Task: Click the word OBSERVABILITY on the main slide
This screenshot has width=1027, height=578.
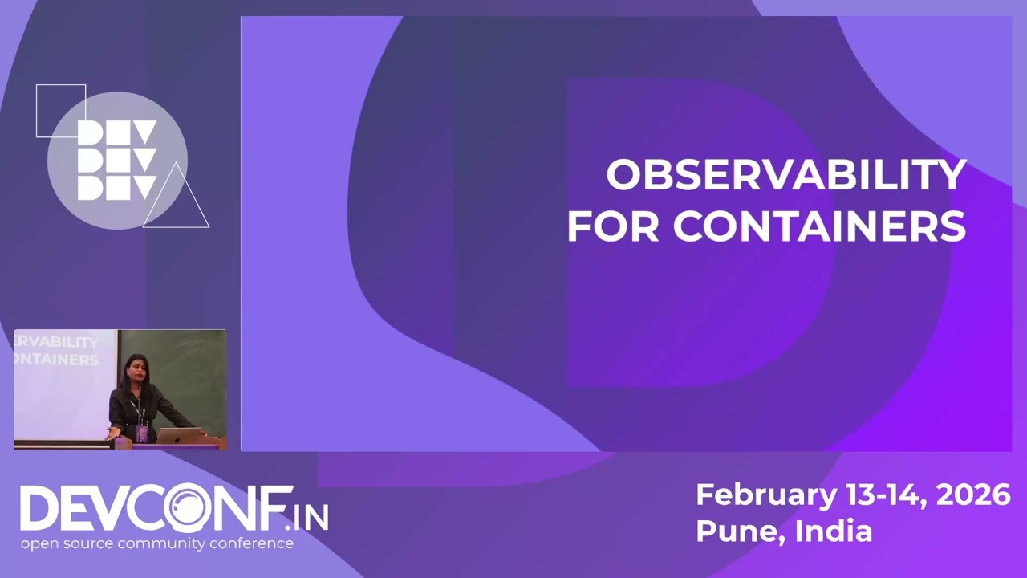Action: [x=785, y=175]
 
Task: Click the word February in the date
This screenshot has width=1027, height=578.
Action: [x=766, y=496]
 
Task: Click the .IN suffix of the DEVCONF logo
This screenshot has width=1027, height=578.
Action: [x=308, y=516]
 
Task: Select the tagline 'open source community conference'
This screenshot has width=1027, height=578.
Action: [x=157, y=544]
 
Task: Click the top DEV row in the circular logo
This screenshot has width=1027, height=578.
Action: [x=117, y=132]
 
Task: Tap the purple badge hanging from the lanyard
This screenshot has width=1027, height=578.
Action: [x=143, y=433]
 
